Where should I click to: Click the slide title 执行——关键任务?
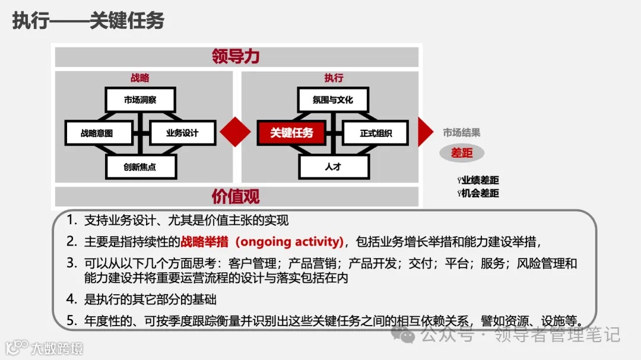(x=88, y=21)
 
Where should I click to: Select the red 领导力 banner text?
(x=236, y=57)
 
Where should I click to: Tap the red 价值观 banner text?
(x=236, y=196)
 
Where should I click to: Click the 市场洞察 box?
(x=140, y=100)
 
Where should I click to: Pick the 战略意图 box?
(x=97, y=133)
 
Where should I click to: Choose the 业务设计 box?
(x=182, y=133)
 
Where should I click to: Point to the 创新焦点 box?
(x=140, y=167)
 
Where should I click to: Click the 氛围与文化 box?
(x=333, y=100)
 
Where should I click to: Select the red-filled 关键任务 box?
(x=291, y=133)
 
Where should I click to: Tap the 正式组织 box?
(x=376, y=133)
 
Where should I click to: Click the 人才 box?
(x=333, y=167)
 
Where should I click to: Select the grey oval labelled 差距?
(x=462, y=153)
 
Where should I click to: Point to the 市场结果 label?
(x=462, y=133)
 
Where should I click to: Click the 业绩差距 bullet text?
(x=480, y=180)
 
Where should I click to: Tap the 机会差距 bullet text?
(x=480, y=193)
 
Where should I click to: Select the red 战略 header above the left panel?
(x=140, y=78)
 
